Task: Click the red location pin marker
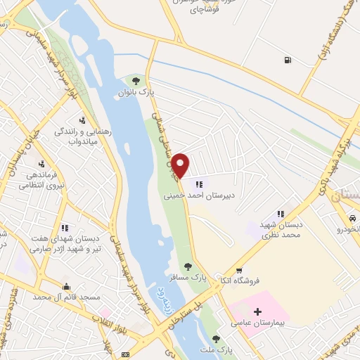[181, 165]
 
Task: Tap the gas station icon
[286, 60]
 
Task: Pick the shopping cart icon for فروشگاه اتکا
[239, 271]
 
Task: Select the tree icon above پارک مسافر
[187, 266]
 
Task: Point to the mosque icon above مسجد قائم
[65, 286]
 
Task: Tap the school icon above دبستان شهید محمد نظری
[281, 214]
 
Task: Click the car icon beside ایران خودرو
[352, 219]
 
